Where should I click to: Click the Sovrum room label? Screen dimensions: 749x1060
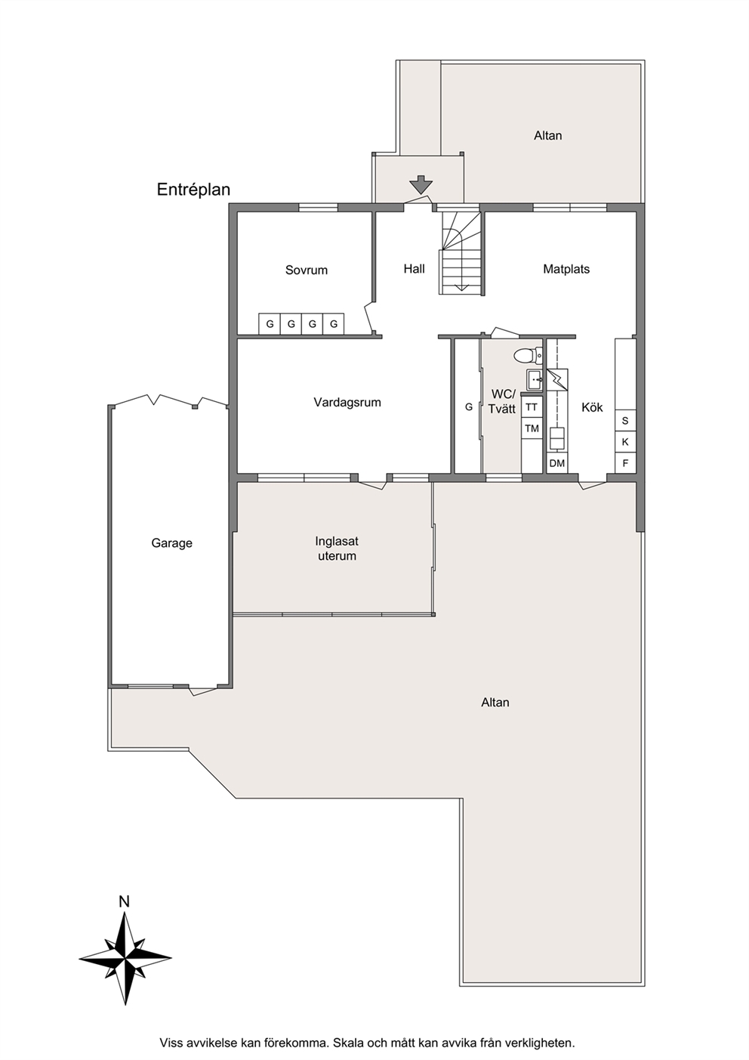pyautogui.click(x=307, y=270)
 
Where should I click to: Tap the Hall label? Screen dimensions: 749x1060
pyautogui.click(x=415, y=269)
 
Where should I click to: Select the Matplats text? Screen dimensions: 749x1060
pyautogui.click(x=566, y=269)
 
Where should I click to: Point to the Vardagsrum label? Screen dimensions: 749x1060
pyautogui.click(x=347, y=403)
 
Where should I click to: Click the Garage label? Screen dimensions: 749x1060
pyautogui.click(x=171, y=542)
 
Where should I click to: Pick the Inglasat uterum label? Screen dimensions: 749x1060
pyautogui.click(x=337, y=549)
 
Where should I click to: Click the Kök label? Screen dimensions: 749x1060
pyautogui.click(x=592, y=407)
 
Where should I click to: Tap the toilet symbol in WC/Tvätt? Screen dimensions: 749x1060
pyautogui.click(x=528, y=355)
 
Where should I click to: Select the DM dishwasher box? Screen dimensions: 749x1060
pyautogui.click(x=557, y=463)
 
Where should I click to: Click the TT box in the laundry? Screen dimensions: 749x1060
pyautogui.click(x=532, y=407)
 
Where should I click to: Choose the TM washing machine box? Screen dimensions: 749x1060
pyautogui.click(x=532, y=428)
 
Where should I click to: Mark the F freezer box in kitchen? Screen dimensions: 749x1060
pyautogui.click(x=625, y=463)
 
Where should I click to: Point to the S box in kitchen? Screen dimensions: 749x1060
pyautogui.click(x=625, y=421)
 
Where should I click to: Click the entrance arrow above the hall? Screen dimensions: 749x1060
pyautogui.click(x=421, y=184)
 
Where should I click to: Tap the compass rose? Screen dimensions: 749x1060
pyautogui.click(x=125, y=958)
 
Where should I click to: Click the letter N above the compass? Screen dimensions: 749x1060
pyautogui.click(x=125, y=902)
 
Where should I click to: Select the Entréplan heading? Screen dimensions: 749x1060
pyautogui.click(x=193, y=190)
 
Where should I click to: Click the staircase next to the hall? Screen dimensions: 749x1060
pyautogui.click(x=461, y=252)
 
